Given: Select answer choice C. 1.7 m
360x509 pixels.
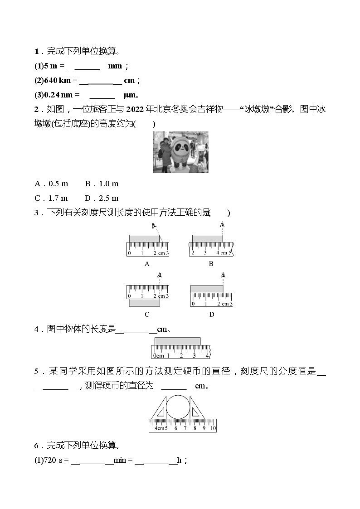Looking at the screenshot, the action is point(51,198).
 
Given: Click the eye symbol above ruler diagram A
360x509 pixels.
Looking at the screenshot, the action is point(154,226).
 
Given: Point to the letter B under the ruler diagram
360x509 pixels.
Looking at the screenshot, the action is point(211,264).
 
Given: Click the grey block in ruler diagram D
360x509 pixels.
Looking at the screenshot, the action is point(207,289).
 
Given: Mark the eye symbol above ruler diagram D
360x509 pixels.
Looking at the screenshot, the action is point(223,275).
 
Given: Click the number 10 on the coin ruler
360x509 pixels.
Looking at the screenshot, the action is point(213,428).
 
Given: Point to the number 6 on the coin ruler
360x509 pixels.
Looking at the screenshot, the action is point(176,428).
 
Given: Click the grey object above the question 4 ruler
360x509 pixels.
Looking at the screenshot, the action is point(177,341).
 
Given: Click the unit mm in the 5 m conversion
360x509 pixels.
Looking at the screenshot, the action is point(116,66).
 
